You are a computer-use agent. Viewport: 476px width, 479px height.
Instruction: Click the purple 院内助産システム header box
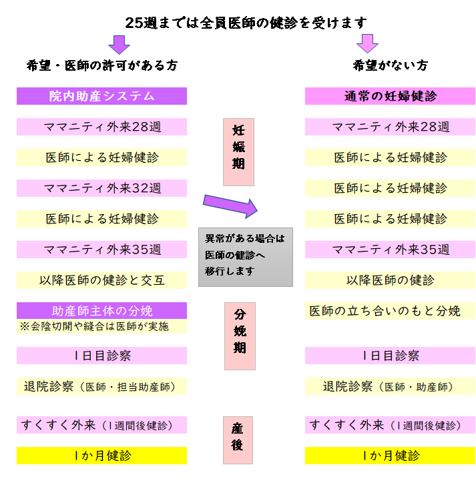point(101,96)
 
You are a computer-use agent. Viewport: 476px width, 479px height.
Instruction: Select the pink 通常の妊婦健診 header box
point(390,96)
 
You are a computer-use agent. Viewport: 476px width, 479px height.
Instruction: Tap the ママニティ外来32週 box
point(101,188)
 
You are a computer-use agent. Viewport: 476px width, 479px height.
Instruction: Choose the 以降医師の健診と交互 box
point(101,280)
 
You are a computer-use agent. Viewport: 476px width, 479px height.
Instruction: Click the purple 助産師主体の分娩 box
point(101,311)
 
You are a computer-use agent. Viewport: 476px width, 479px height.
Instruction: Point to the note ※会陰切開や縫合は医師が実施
point(101,326)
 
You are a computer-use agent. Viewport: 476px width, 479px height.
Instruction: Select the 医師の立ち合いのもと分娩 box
point(390,311)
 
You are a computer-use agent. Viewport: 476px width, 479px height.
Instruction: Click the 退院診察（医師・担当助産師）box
point(101,386)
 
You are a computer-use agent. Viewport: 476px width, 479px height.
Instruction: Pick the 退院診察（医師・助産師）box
point(390,386)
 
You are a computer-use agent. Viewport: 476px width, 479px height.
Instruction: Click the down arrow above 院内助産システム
point(119,44)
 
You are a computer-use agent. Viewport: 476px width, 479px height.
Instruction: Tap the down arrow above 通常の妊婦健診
point(367,44)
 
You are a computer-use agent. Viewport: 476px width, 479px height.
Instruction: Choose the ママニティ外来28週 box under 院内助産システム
point(101,127)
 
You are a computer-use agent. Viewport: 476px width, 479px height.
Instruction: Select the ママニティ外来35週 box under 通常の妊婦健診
point(390,250)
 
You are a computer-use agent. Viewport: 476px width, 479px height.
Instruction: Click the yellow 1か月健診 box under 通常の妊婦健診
point(390,456)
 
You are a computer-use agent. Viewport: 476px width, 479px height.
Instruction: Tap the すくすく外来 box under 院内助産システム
point(101,425)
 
